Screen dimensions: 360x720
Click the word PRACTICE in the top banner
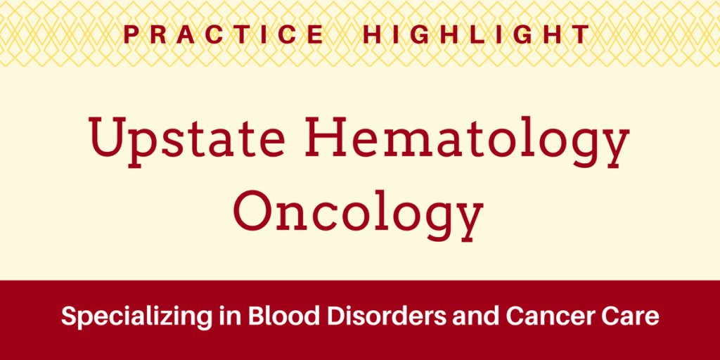tap(224, 34)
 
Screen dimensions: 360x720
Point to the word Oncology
tap(359, 209)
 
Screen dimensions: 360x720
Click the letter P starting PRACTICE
tap(131, 34)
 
